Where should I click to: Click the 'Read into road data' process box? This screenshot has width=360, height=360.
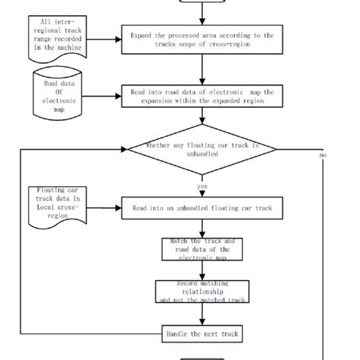pyautogui.click(x=201, y=94)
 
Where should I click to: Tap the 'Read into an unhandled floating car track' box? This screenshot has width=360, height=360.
pyautogui.click(x=201, y=207)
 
